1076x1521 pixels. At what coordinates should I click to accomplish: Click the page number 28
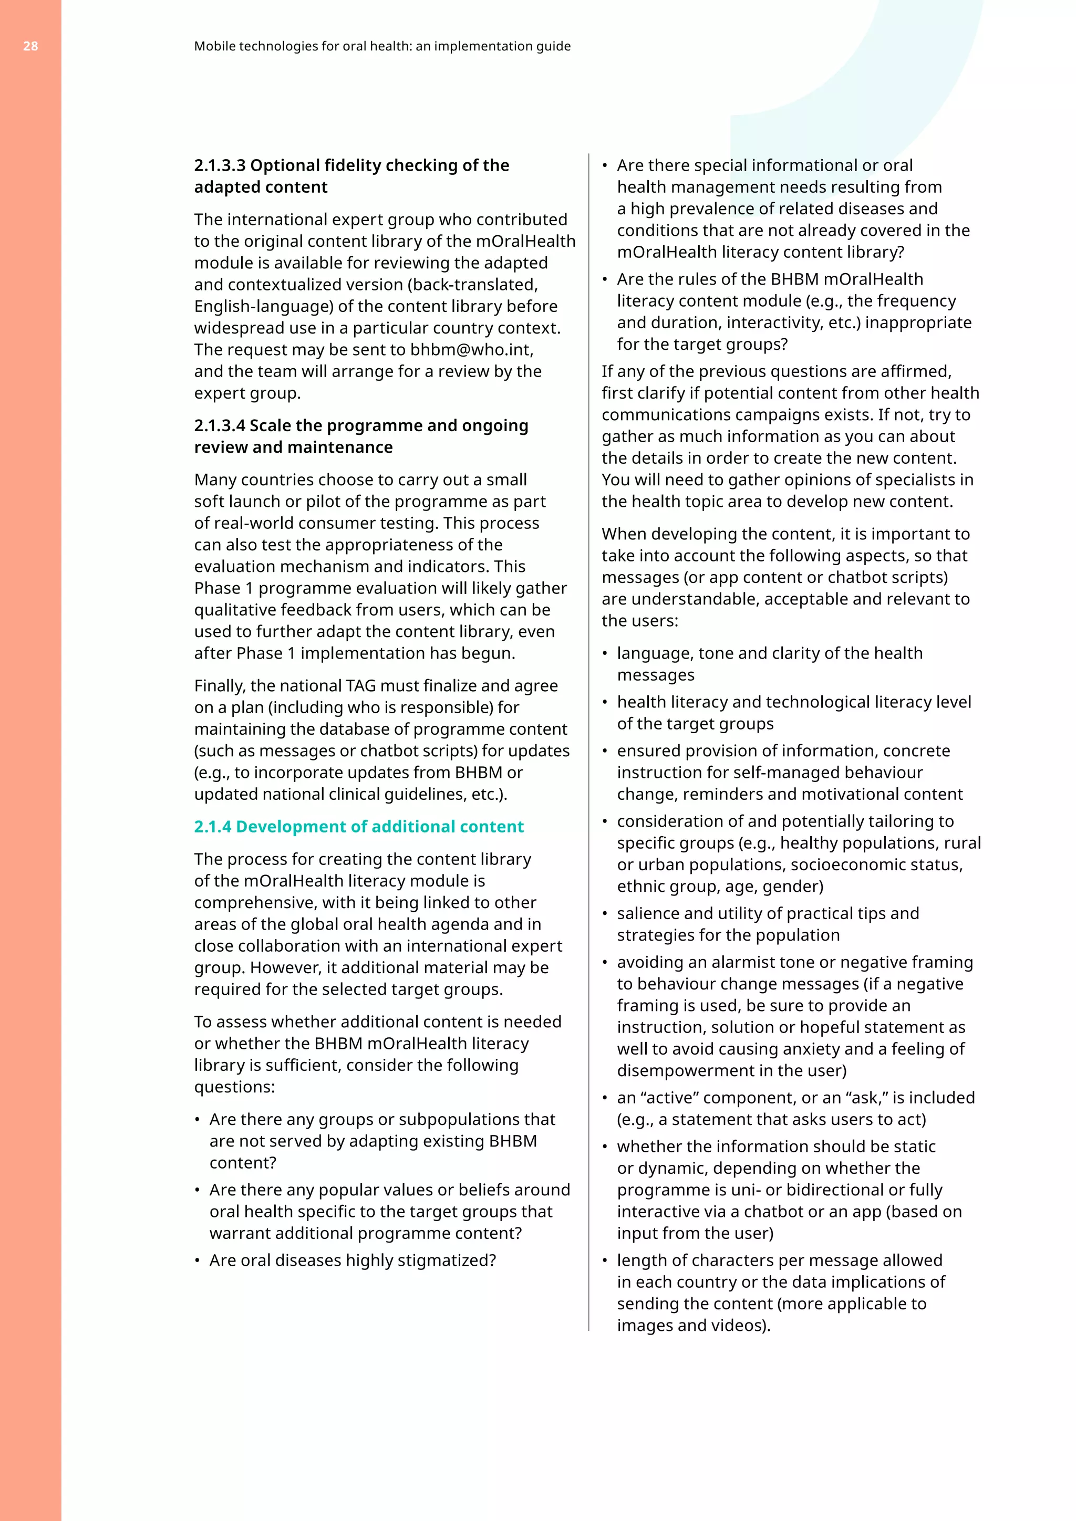tap(30, 46)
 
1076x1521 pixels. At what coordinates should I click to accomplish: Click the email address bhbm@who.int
tap(471, 350)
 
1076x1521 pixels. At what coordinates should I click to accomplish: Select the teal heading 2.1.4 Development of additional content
tap(358, 827)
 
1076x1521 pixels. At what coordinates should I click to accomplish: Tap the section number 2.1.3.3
tap(219, 165)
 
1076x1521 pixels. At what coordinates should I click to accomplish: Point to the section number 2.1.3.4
tap(219, 425)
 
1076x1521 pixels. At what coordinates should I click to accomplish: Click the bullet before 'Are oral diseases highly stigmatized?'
tap(198, 1260)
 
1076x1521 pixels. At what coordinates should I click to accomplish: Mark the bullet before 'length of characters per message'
tap(605, 1260)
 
